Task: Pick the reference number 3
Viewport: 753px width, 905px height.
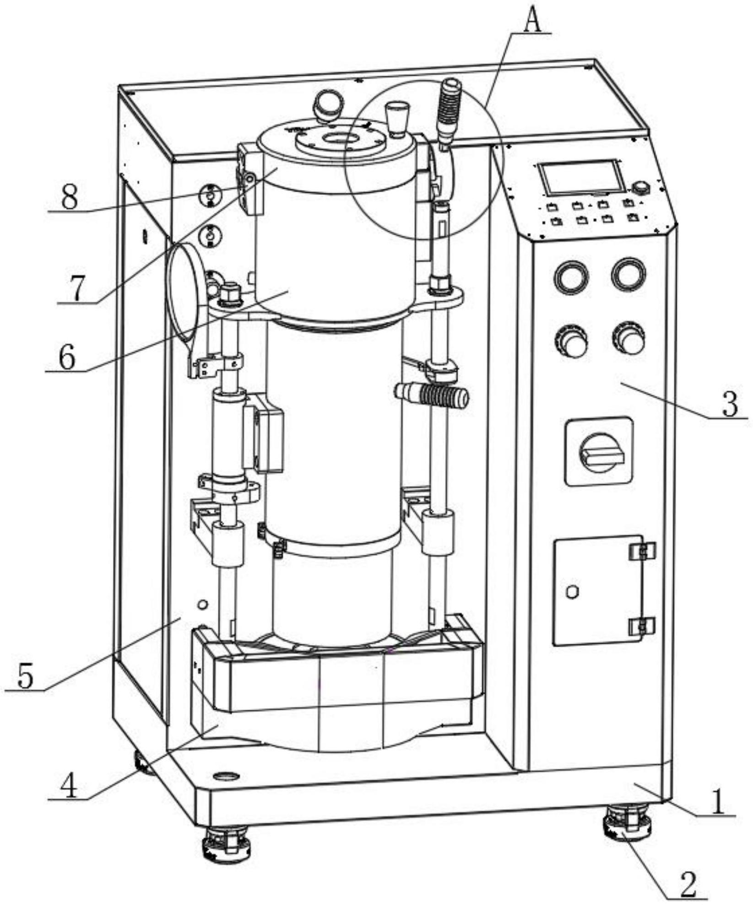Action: pyautogui.click(x=729, y=403)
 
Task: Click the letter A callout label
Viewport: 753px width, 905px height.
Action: pyautogui.click(x=532, y=21)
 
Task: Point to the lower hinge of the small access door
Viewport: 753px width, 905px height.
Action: pyautogui.click(x=642, y=626)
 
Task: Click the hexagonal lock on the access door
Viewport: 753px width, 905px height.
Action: pyautogui.click(x=572, y=592)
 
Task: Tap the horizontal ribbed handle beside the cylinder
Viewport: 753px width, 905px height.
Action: pyautogui.click(x=432, y=396)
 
